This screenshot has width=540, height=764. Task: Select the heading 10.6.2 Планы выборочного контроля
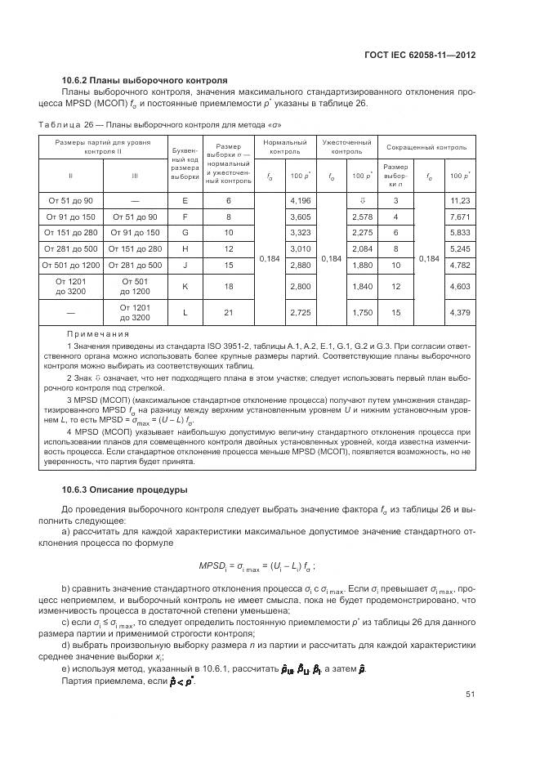pos(145,80)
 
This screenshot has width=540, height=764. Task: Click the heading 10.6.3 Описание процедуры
pos(125,490)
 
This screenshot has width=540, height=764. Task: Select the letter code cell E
pos(185,201)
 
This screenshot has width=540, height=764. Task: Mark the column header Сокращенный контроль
pos(426,148)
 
